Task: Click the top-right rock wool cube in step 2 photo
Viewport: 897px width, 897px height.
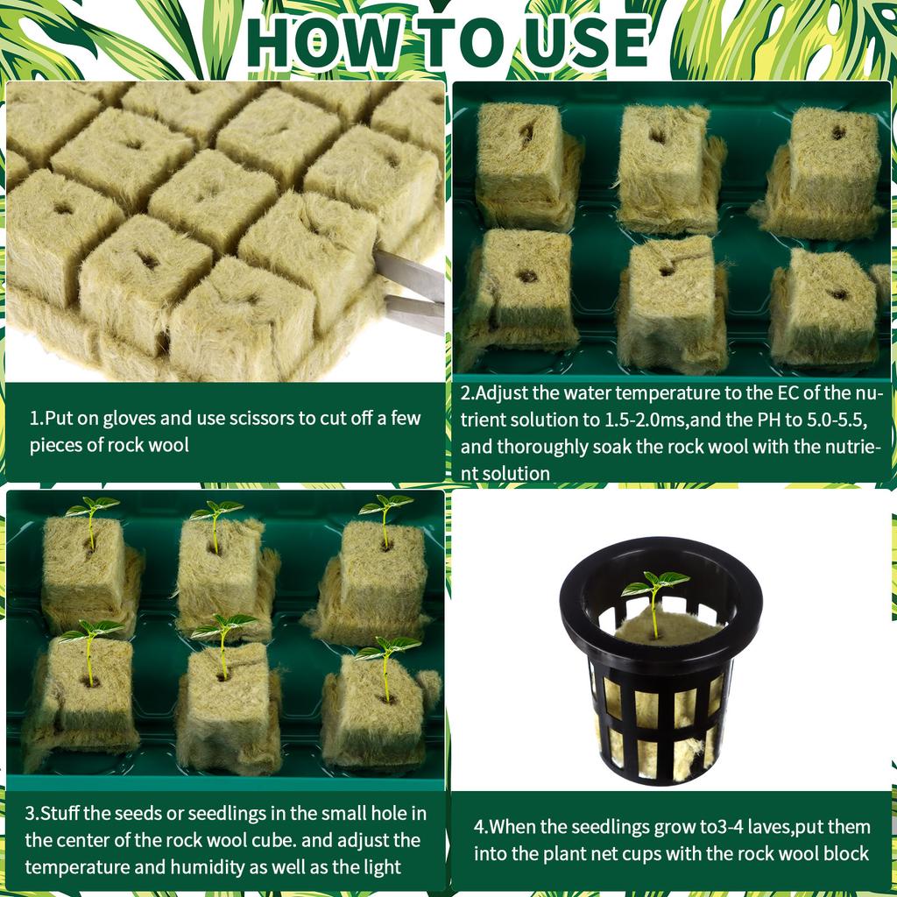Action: pos(832,171)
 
